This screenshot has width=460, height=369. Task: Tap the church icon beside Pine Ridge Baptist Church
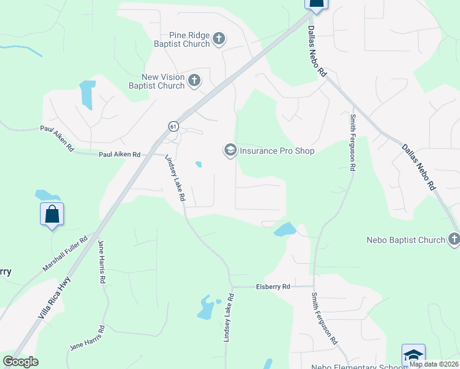tap(219, 40)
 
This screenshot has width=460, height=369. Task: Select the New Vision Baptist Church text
tap(163, 81)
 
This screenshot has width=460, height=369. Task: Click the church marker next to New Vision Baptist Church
tap(194, 81)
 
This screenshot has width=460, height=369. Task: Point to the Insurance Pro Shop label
tap(277, 151)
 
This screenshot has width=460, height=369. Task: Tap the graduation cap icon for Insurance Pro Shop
tap(230, 151)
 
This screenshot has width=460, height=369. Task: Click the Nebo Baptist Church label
tap(405, 240)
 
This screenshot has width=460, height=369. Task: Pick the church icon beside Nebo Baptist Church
tap(454, 239)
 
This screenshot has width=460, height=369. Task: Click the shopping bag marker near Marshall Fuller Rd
tap(52, 215)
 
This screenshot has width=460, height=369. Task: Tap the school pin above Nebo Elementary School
tap(413, 355)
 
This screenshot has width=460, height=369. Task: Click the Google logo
tap(20, 362)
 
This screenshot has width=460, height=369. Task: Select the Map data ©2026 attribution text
tap(434, 363)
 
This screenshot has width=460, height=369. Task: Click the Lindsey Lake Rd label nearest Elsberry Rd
tap(228, 317)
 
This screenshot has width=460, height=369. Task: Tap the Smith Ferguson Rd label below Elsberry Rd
tap(323, 317)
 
